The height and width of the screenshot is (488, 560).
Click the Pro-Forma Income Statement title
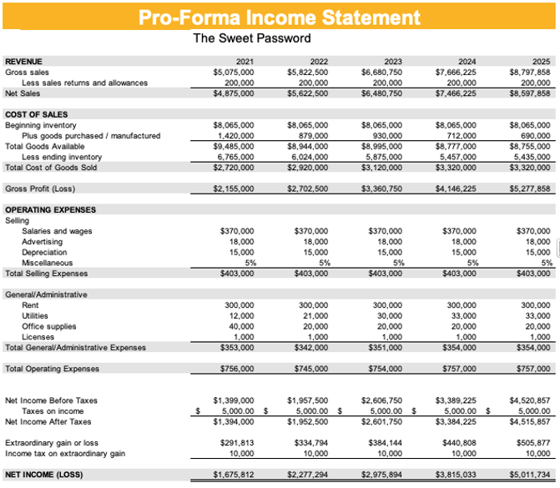point(280,17)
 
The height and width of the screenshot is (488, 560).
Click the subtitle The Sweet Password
point(251,38)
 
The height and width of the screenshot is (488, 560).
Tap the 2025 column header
point(541,62)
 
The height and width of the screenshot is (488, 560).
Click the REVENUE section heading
point(23,62)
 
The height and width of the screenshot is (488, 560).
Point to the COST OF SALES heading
point(36,114)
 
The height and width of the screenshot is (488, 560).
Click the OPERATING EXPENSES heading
point(50,209)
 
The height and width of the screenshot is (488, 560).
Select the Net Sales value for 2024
point(456,93)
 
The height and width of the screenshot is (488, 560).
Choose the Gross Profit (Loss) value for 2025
point(531,189)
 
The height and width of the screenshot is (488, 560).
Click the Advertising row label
point(42,241)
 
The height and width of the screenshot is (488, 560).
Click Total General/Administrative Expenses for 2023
point(385,348)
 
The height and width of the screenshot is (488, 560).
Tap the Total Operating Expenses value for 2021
point(235,369)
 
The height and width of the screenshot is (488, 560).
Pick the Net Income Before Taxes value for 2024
point(456,400)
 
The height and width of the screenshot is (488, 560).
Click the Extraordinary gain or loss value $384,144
point(385,443)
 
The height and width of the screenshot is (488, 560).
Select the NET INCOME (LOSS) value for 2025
point(531,475)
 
